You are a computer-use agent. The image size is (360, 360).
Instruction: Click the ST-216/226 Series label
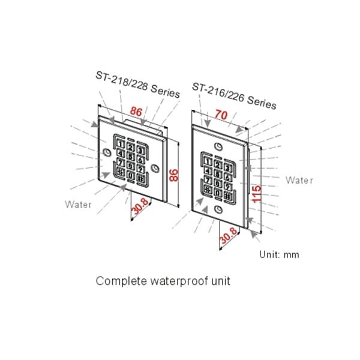point(234,95)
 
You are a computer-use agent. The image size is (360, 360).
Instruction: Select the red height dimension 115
point(256,195)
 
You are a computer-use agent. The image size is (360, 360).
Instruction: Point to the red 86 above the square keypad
point(136,111)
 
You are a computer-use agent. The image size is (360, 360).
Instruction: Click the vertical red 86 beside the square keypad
point(174,175)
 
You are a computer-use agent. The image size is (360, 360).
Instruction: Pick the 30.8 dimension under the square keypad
point(140,206)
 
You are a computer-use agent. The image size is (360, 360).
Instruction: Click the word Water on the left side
point(79,205)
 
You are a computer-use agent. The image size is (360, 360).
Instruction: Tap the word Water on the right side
point(299,180)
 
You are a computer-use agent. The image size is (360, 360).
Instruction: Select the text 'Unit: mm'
point(279,254)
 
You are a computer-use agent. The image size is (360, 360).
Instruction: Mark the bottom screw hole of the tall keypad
point(218,209)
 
